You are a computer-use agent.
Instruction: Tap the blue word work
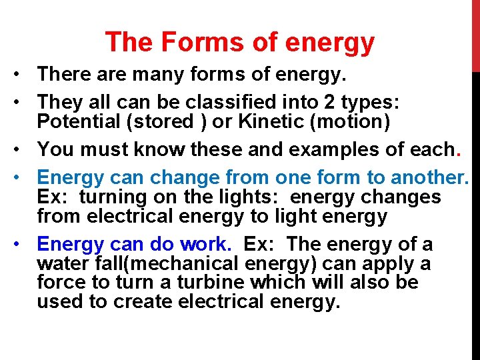coord(202,244)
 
